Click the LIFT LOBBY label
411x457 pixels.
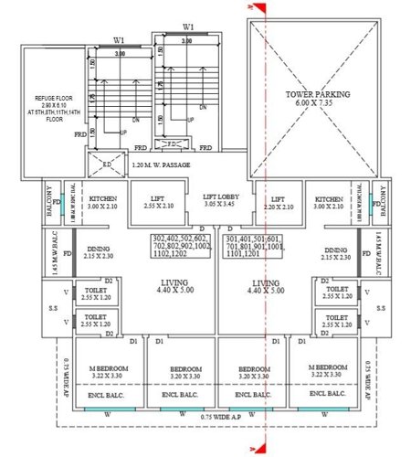(x=221, y=197)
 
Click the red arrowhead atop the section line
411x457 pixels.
(x=259, y=9)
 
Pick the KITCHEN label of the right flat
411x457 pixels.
(x=328, y=198)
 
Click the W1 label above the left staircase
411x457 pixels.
(x=120, y=39)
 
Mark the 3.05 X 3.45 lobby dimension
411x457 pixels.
(x=221, y=207)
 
